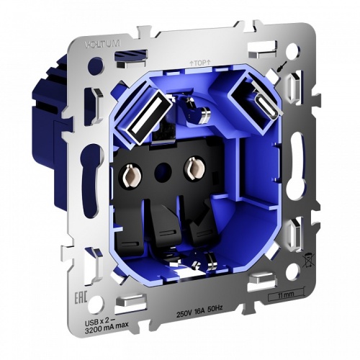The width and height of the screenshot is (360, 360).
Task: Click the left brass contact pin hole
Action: click(133, 174)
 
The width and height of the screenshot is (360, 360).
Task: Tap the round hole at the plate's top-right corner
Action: click(294, 52)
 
